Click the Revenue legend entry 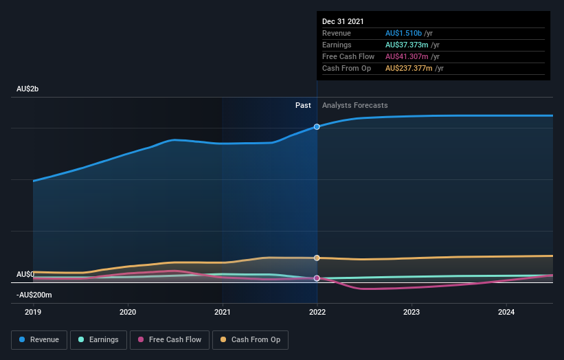click(x=39, y=339)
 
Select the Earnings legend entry click(x=98, y=339)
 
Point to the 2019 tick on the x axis click(x=33, y=311)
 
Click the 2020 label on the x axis click(x=128, y=311)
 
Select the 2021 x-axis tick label click(x=222, y=311)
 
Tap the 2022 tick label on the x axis click(x=317, y=311)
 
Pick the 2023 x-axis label click(x=411, y=311)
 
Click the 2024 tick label click(x=506, y=311)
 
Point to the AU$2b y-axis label click(x=29, y=89)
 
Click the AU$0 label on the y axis click(x=25, y=274)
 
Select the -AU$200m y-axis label click(x=34, y=295)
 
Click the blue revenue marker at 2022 click(x=317, y=127)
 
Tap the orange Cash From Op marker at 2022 click(x=317, y=258)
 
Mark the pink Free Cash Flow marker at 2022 click(x=317, y=278)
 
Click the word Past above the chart click(x=303, y=106)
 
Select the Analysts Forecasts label click(x=354, y=106)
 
